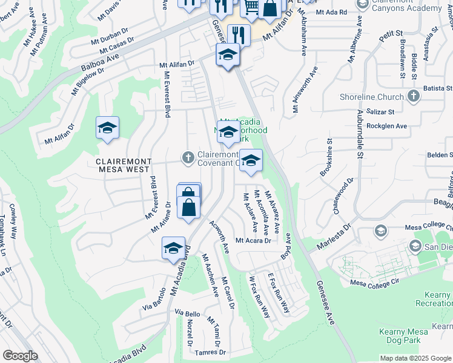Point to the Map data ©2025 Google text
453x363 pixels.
click(415, 358)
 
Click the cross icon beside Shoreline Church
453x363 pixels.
click(414, 96)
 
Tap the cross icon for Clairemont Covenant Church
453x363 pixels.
click(188, 157)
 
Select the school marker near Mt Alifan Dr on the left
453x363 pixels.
click(107, 128)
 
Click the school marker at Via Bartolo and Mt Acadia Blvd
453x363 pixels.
click(173, 248)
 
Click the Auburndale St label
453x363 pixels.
click(360, 135)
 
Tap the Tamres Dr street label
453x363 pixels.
click(210, 352)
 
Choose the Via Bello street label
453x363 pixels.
click(187, 314)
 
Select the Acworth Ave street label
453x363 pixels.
click(219, 236)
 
